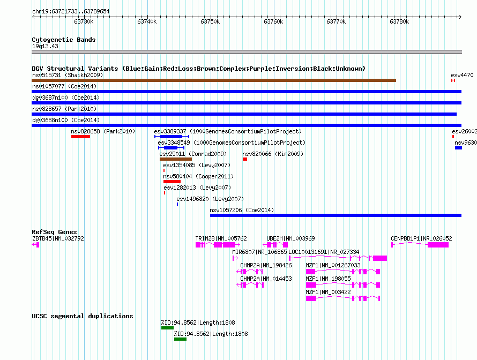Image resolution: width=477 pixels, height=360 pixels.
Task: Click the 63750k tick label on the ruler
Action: [x=210, y=21]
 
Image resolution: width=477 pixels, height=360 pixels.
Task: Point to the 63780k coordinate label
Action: [x=399, y=21]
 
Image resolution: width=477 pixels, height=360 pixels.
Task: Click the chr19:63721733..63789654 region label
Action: [x=71, y=11]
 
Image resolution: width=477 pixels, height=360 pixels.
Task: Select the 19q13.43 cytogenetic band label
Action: [x=45, y=46]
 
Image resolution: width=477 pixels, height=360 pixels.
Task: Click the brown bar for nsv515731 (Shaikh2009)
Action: [x=214, y=80]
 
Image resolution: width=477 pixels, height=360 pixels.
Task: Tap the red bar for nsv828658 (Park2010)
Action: [x=80, y=137]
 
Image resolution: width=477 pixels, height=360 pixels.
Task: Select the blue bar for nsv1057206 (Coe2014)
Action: [x=336, y=215]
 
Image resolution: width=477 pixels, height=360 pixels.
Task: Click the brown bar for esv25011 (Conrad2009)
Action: [x=176, y=159]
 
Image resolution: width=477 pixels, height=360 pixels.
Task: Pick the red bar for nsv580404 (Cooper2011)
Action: [x=172, y=182]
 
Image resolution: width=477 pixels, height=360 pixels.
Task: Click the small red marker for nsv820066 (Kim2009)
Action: [x=245, y=159]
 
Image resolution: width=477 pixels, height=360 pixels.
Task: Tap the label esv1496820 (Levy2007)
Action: [x=210, y=199]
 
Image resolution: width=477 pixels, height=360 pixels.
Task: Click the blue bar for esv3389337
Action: [x=172, y=137]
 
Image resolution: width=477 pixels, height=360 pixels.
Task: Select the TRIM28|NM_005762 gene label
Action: [x=221, y=238]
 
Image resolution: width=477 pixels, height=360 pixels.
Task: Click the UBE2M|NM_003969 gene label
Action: [x=290, y=238]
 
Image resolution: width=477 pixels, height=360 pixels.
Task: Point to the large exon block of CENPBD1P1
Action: [x=438, y=245]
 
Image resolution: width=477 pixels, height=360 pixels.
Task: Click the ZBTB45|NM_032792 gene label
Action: [x=58, y=238]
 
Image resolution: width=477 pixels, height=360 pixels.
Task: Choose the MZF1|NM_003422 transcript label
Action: [x=328, y=292]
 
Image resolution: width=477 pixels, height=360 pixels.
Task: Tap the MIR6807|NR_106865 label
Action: [x=259, y=252]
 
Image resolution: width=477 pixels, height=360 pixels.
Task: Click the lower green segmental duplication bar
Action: [x=180, y=339]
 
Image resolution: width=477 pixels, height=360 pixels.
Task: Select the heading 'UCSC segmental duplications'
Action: [x=83, y=316]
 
